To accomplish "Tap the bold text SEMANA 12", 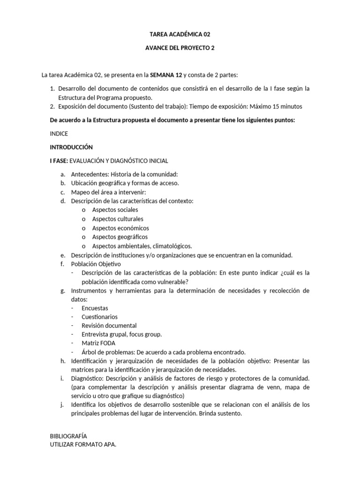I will point(165,75).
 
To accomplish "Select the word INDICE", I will point(59,134).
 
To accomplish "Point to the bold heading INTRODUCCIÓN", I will point(71,147).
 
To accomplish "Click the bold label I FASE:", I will point(59,161).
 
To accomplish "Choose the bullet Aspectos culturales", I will point(118,219).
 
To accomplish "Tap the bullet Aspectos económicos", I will point(120,228).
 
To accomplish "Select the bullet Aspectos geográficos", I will point(120,237).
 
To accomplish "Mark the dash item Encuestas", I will point(95,308).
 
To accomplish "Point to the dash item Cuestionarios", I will point(99,317).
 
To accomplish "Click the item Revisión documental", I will point(109,325).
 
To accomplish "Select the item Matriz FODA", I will point(98,343).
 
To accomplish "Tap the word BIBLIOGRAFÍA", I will point(68,436).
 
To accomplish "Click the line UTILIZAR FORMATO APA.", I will point(83,444).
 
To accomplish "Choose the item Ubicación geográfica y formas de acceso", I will point(125,183).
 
